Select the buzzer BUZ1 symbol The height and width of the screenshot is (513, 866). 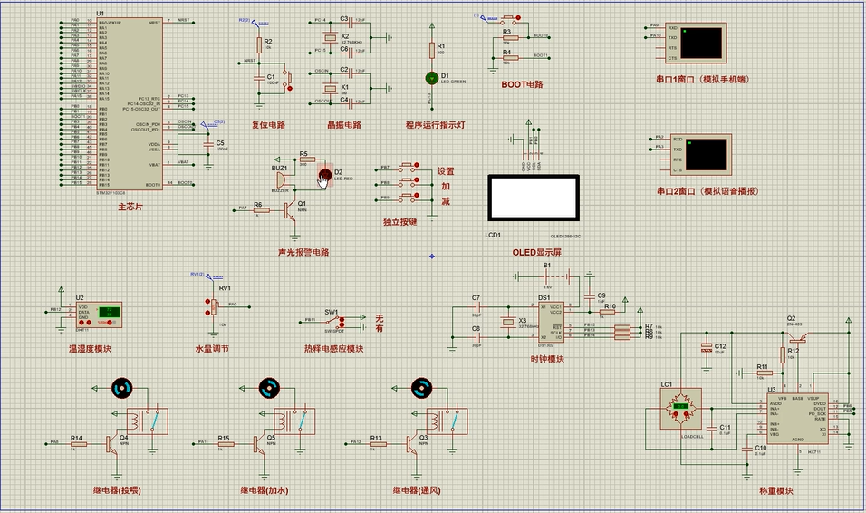point(281,180)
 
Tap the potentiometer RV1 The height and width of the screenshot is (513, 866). point(215,308)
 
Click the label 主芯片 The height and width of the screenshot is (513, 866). point(130,207)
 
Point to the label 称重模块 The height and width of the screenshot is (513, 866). point(776,491)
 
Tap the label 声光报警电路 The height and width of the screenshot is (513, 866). point(303,251)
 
